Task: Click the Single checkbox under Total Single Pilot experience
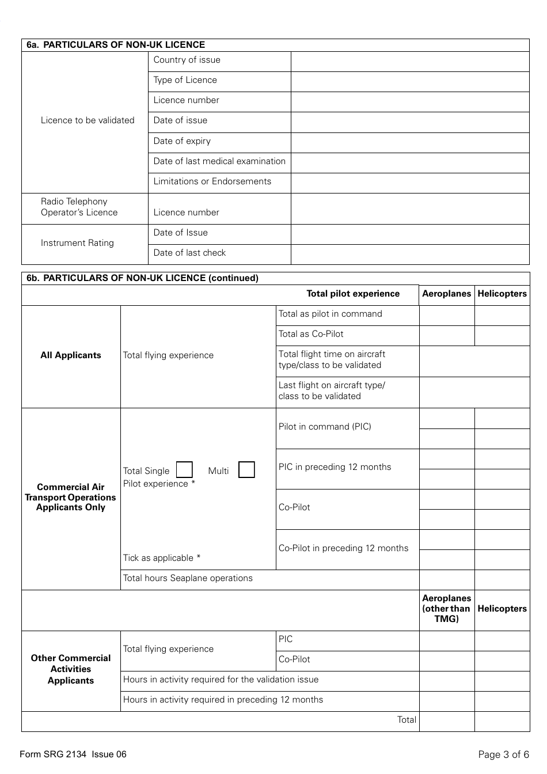(x=184, y=470)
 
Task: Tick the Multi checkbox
(x=246, y=470)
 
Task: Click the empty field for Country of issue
(x=410, y=62)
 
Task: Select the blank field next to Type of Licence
(x=410, y=82)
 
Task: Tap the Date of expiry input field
(x=410, y=143)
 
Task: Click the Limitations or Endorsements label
(x=212, y=181)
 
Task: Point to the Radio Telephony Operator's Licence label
(x=79, y=207)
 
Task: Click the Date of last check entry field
(x=410, y=255)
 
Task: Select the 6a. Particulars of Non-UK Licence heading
(x=116, y=45)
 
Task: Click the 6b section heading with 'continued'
(x=142, y=278)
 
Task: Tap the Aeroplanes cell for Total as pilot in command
(x=447, y=316)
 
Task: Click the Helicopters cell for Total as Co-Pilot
(x=502, y=336)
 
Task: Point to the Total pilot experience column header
(x=352, y=294)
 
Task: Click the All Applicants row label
(x=71, y=355)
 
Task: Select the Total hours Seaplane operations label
(x=188, y=578)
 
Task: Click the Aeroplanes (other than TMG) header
(x=447, y=609)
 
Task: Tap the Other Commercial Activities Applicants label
(x=71, y=669)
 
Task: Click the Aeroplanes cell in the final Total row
(x=447, y=722)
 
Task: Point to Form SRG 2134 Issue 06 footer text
(x=73, y=754)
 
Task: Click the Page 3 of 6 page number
(x=503, y=754)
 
